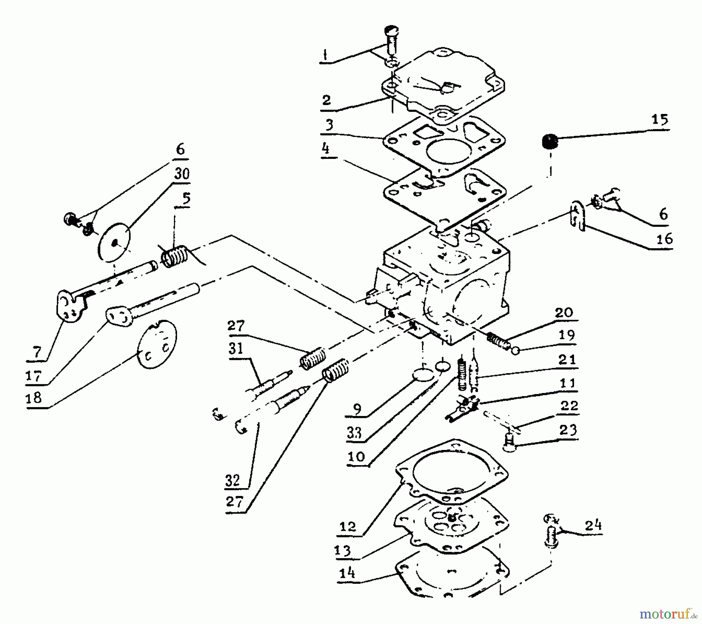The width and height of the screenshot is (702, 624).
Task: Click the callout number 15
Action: (659, 119)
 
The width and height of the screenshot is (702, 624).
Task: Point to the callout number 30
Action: (182, 173)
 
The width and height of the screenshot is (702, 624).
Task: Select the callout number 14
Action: (347, 573)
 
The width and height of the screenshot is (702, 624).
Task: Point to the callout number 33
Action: (354, 433)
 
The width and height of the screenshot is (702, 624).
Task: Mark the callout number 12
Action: (348, 527)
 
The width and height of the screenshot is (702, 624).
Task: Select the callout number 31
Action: (236, 348)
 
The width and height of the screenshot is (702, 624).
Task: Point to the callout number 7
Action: (37, 353)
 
